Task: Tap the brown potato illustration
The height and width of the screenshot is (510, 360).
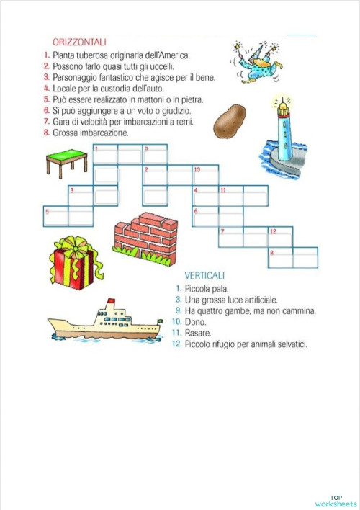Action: [229, 120]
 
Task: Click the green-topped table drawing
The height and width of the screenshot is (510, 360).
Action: [66, 161]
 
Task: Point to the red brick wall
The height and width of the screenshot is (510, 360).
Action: [146, 236]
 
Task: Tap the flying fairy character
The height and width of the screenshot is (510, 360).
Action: [254, 59]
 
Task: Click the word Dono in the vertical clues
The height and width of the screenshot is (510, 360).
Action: [196, 323]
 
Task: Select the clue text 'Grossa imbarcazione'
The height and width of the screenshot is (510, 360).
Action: [90, 133]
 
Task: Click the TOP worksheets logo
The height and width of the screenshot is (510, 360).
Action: [336, 501]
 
